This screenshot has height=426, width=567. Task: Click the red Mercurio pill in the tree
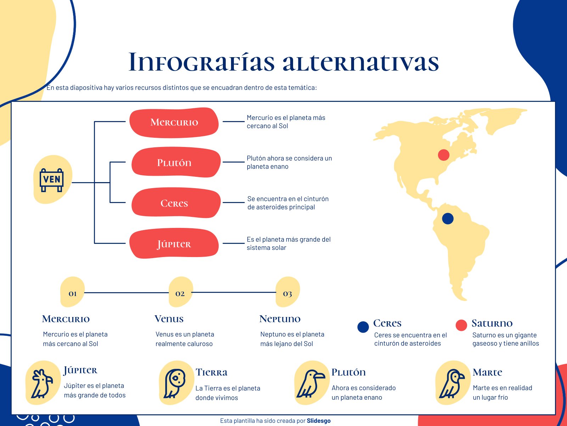(x=174, y=122)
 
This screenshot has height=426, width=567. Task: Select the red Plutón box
(x=176, y=163)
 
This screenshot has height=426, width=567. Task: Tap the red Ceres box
(x=176, y=203)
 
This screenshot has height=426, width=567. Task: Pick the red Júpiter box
(x=174, y=244)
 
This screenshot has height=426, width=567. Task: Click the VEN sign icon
(x=52, y=180)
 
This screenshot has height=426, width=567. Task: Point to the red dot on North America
(x=444, y=155)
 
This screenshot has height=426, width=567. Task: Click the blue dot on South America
(x=448, y=219)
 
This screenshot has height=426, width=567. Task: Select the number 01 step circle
(x=73, y=293)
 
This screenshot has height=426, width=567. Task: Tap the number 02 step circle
(x=180, y=293)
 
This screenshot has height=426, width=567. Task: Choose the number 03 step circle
(x=287, y=293)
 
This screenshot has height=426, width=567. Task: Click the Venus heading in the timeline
(x=169, y=319)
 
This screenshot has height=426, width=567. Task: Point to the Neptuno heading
(x=280, y=319)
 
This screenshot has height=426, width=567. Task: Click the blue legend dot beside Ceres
(x=363, y=327)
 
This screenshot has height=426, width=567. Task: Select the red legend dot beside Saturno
(x=461, y=325)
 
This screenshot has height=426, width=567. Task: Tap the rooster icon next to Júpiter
(x=42, y=383)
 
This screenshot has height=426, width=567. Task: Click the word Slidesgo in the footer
(x=319, y=421)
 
